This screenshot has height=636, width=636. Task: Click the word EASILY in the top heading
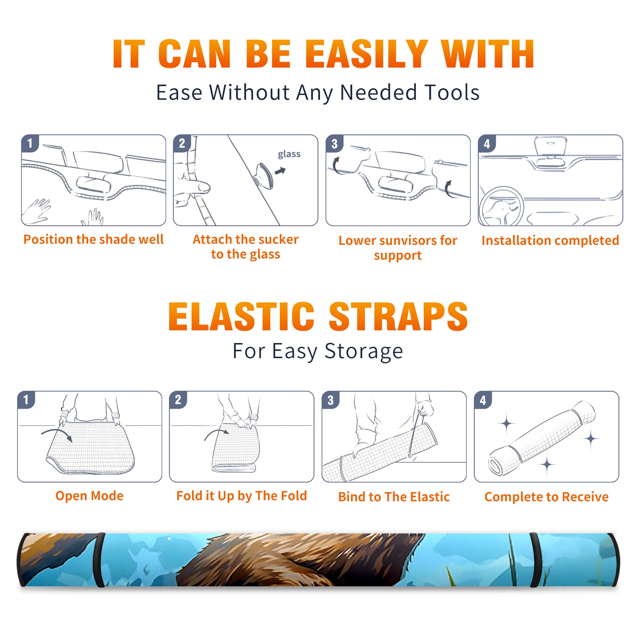tap(366, 54)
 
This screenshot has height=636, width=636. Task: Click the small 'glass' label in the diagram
tap(289, 154)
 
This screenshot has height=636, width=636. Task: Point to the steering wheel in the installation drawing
tap(501, 206)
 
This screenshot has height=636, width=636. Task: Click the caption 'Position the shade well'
tap(93, 239)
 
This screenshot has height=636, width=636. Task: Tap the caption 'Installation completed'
tap(550, 240)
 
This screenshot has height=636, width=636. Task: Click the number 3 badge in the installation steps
tap(334, 143)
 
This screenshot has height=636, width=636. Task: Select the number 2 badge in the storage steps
tap(178, 399)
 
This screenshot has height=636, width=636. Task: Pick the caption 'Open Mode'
tap(89, 496)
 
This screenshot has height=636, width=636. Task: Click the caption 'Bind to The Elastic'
tap(394, 497)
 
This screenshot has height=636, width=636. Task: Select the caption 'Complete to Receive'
tap(547, 497)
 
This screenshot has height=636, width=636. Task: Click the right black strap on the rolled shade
tap(535, 560)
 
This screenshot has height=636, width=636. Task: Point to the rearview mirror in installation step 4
tap(551, 146)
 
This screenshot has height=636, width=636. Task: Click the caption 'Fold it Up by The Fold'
tap(242, 496)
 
